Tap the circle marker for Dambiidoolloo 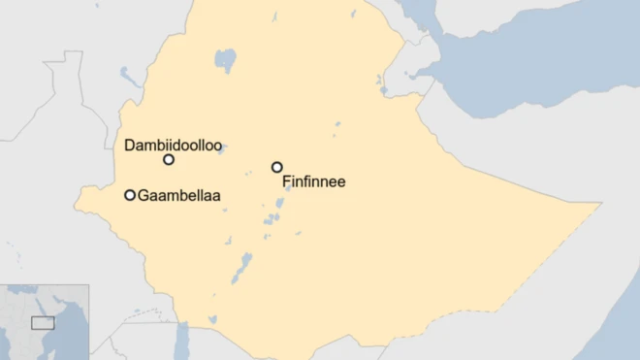pyautogui.click(x=169, y=159)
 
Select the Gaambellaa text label pyautogui.click(x=179, y=196)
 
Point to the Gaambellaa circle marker pyautogui.click(x=130, y=195)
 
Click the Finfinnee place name pyautogui.click(x=313, y=181)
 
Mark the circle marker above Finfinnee pyautogui.click(x=276, y=167)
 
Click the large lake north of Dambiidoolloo pyautogui.click(x=225, y=61)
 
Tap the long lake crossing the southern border pyautogui.click(x=181, y=339)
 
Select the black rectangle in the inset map pyautogui.click(x=43, y=322)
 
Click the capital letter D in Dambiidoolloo pyautogui.click(x=130, y=145)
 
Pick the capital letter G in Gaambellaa pyautogui.click(x=144, y=196)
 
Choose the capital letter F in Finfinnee pyautogui.click(x=286, y=181)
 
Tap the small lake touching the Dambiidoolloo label pyautogui.click(x=222, y=149)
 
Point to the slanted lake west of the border pyautogui.click(x=130, y=75)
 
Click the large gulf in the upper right pyautogui.click(x=524, y=58)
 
